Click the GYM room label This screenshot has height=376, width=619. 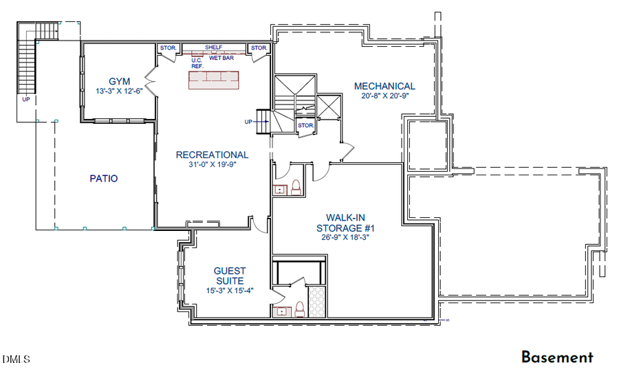tap(119, 80)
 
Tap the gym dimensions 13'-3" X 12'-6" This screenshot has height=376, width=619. tap(119, 91)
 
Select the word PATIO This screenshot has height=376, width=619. tap(103, 179)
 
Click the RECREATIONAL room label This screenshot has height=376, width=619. tap(212, 155)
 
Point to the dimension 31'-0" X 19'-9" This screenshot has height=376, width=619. tap(212, 165)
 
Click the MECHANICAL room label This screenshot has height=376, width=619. tap(384, 86)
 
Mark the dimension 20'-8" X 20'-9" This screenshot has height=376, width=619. tap(384, 96)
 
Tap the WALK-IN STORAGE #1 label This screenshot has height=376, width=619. tap(345, 222)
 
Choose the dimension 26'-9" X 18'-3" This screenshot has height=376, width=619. tap(345, 239)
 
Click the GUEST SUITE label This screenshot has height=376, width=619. tap(229, 276)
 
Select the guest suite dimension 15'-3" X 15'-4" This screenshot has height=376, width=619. tap(229, 291)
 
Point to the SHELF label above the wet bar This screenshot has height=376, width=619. tap(214, 48)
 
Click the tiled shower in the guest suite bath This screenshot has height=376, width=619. tap(317, 301)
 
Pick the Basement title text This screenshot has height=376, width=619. tap(556, 357)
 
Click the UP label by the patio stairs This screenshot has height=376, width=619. tap(26, 100)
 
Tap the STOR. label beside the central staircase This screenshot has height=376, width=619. tap(306, 126)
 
